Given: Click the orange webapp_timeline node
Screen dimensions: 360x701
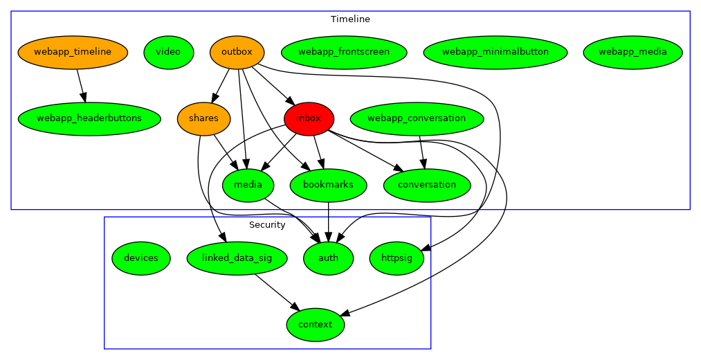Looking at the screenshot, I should click(73, 52).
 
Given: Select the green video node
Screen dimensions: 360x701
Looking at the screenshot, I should click(168, 52).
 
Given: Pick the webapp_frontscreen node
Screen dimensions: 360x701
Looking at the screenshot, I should click(344, 52).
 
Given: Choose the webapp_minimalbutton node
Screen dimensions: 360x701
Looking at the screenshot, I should click(495, 52).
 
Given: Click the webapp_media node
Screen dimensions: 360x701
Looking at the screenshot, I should click(632, 52).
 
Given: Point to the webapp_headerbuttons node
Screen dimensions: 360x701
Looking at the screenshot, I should click(89, 118).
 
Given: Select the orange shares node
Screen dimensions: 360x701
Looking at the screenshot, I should click(203, 118).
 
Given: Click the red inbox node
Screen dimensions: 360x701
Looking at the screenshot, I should click(309, 118).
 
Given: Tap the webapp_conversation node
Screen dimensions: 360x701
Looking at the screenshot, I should click(417, 118).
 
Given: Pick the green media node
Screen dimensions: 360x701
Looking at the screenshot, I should click(248, 185).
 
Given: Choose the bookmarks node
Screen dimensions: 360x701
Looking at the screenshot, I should click(328, 185).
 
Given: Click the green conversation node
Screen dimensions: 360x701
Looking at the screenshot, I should click(427, 185).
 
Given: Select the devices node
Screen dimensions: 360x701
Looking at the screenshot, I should click(141, 258).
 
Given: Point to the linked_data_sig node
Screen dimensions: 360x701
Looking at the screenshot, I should click(237, 258).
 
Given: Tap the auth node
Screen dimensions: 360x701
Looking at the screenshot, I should click(328, 258).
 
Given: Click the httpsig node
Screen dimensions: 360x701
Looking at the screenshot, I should click(397, 258).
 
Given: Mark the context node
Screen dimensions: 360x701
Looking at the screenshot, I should click(315, 325).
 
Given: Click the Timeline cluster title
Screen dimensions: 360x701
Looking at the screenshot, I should click(350, 19).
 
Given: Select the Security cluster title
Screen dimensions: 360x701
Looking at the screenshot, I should click(267, 225).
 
